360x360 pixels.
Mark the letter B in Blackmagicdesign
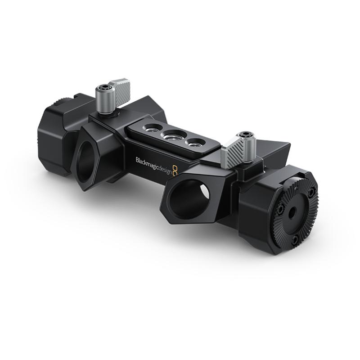click(137, 160)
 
